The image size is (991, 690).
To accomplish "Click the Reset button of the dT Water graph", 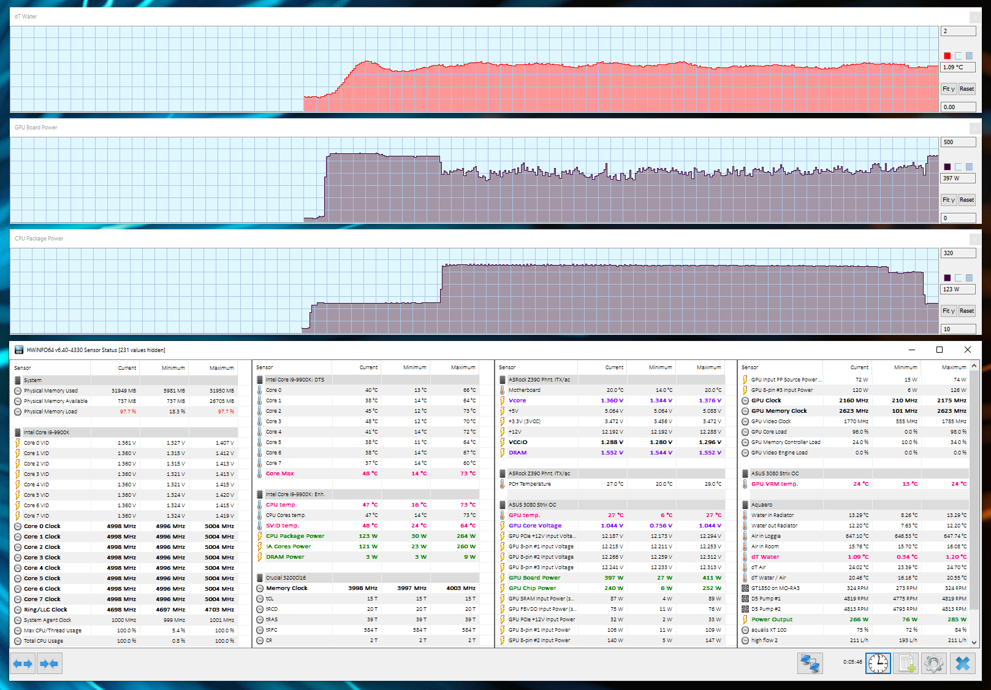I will point(966,89).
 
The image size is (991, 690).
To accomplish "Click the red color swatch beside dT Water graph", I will point(947,56).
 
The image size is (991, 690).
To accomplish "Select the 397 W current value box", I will point(957,178).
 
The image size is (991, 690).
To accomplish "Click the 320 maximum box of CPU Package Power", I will point(957,253).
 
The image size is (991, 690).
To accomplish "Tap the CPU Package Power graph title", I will point(39,239).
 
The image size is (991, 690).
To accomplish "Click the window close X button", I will point(968,350).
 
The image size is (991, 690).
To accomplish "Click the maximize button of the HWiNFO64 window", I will point(940,350).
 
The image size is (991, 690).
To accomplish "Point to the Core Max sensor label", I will point(280,473).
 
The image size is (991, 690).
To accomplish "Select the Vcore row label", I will point(517,401).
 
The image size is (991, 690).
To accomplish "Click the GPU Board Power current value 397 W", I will point(609,578).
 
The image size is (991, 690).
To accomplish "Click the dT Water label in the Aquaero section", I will point(765,557).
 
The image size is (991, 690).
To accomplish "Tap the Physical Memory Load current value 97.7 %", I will point(128,412).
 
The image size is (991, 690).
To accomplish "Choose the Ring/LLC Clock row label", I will point(45,610).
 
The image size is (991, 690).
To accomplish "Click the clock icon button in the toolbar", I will point(878,663).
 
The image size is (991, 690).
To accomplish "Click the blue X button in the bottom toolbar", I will point(962,663).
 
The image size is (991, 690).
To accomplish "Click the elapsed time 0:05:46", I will point(852,662).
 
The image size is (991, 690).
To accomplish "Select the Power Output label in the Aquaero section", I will point(772,619).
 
